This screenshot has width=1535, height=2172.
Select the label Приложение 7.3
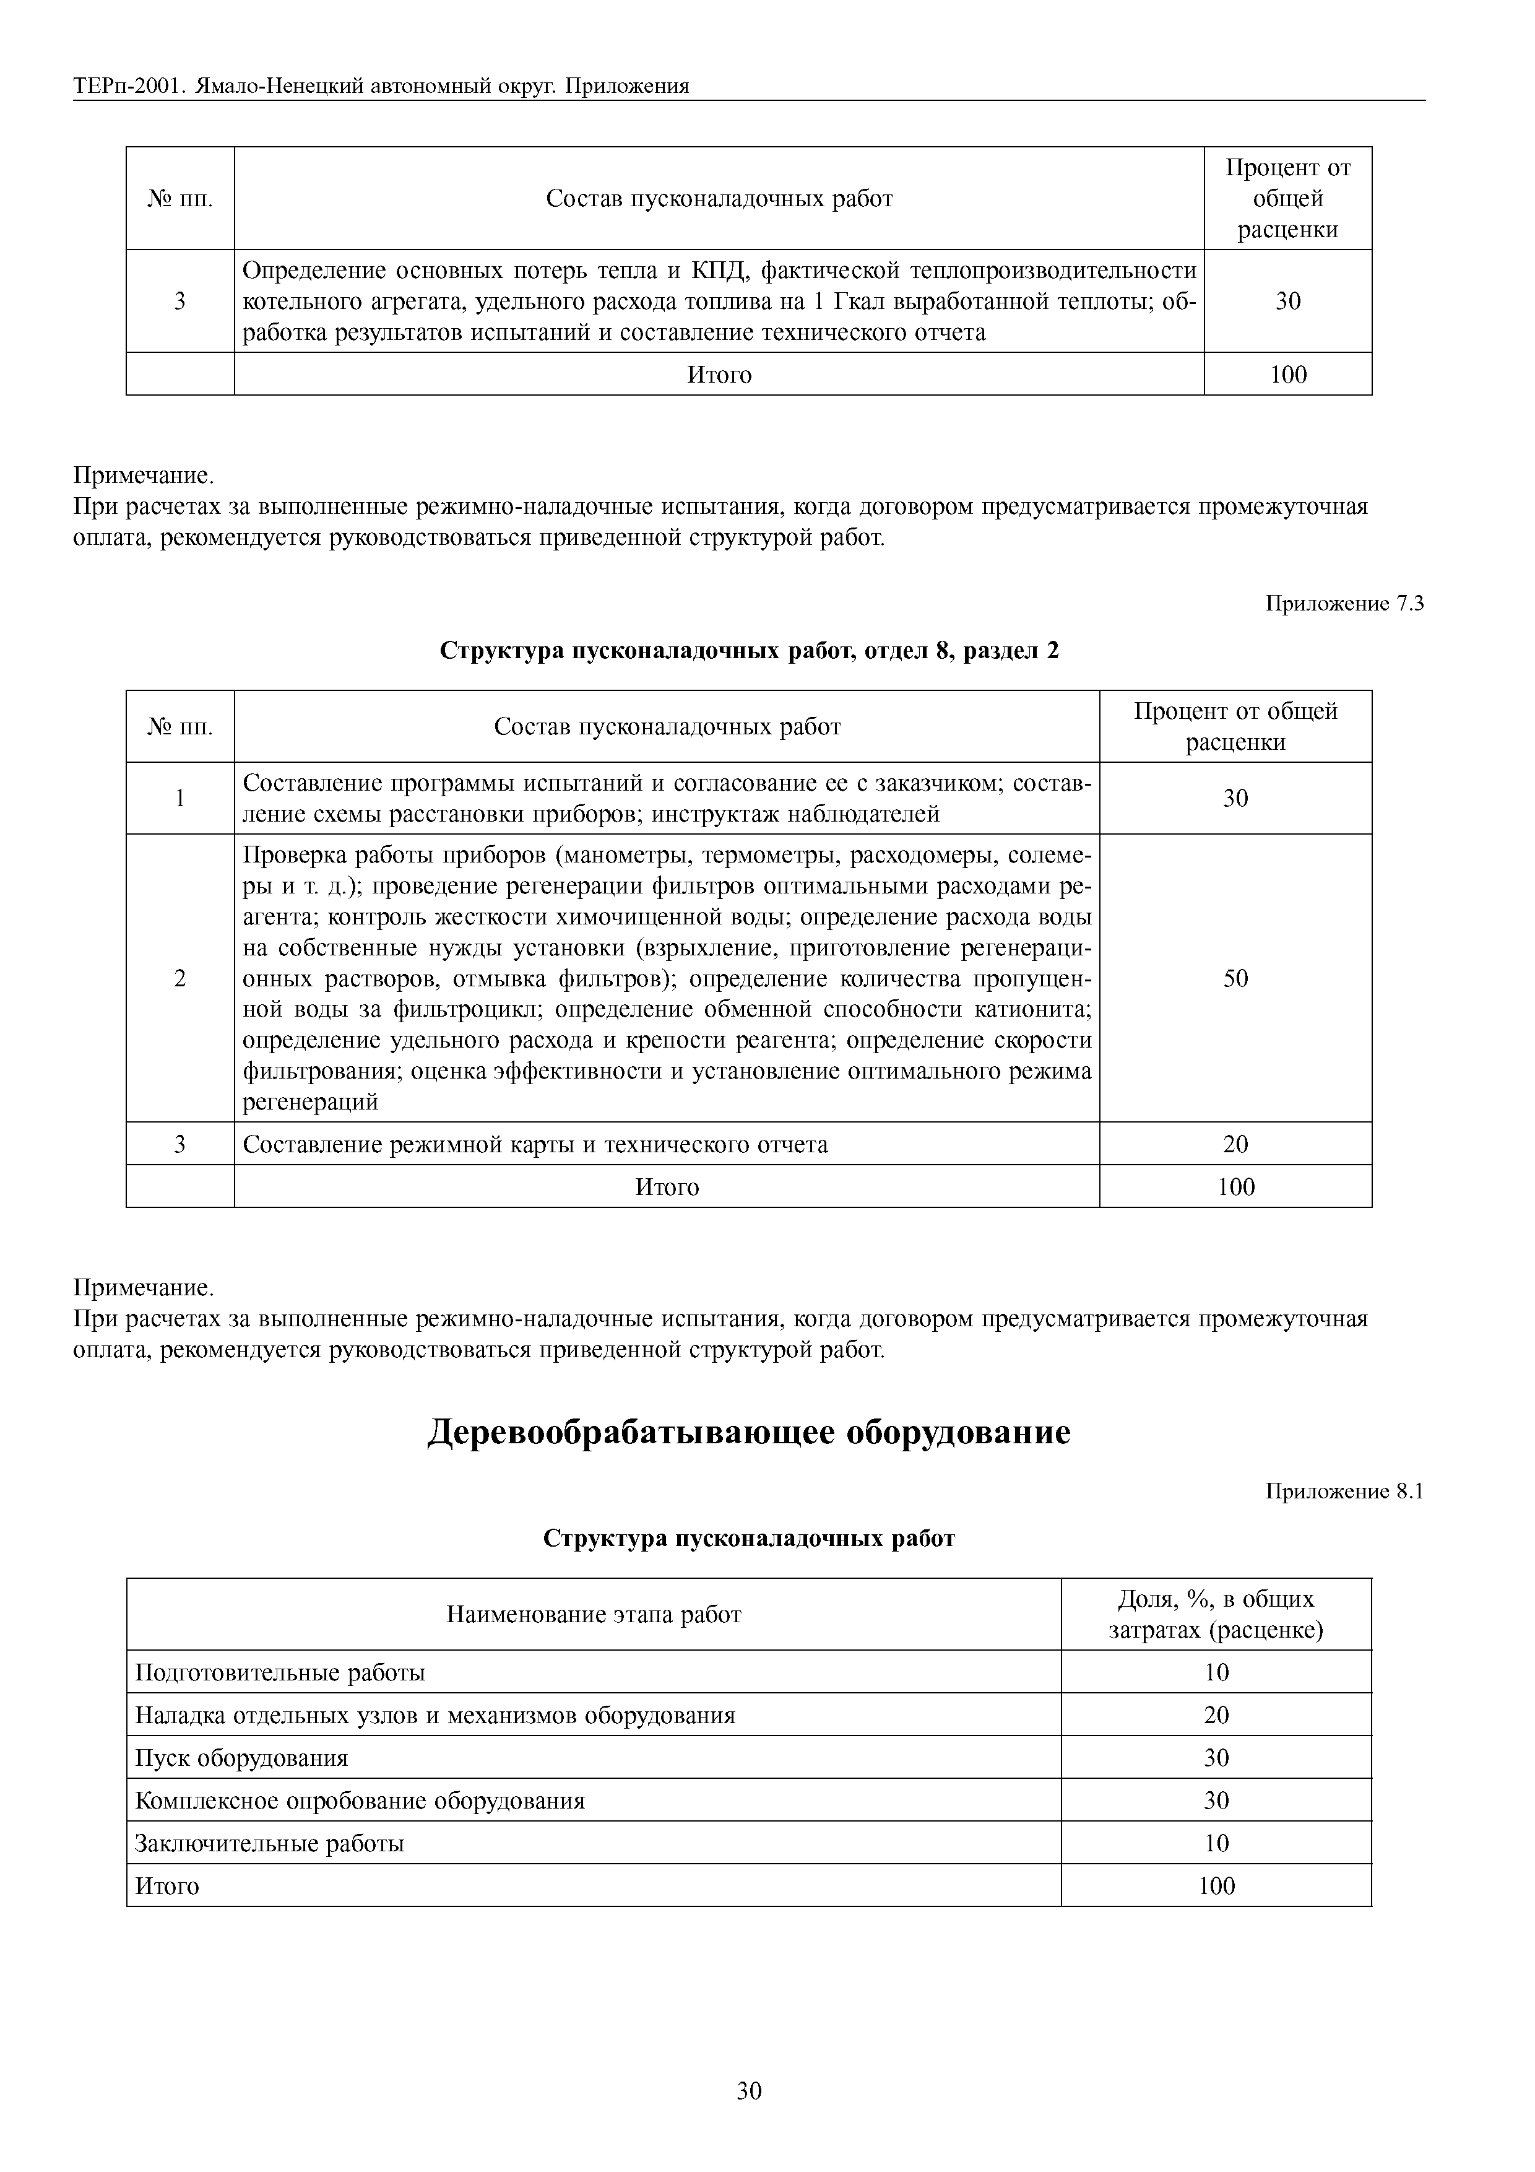click(x=1344, y=604)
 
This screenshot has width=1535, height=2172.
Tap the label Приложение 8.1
click(x=1344, y=1492)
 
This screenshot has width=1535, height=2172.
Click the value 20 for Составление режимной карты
click(x=1235, y=1145)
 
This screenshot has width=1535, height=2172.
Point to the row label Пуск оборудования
click(x=242, y=1758)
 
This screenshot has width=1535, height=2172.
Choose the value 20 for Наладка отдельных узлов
click(x=1216, y=1715)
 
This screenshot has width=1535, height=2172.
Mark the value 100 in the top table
click(x=1288, y=375)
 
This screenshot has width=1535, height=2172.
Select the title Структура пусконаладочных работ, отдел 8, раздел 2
click(x=749, y=651)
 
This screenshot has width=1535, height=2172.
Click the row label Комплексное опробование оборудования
click(x=360, y=1801)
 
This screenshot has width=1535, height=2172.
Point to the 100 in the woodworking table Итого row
click(x=1216, y=1885)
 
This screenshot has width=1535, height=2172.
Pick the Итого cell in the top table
click(x=719, y=375)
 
